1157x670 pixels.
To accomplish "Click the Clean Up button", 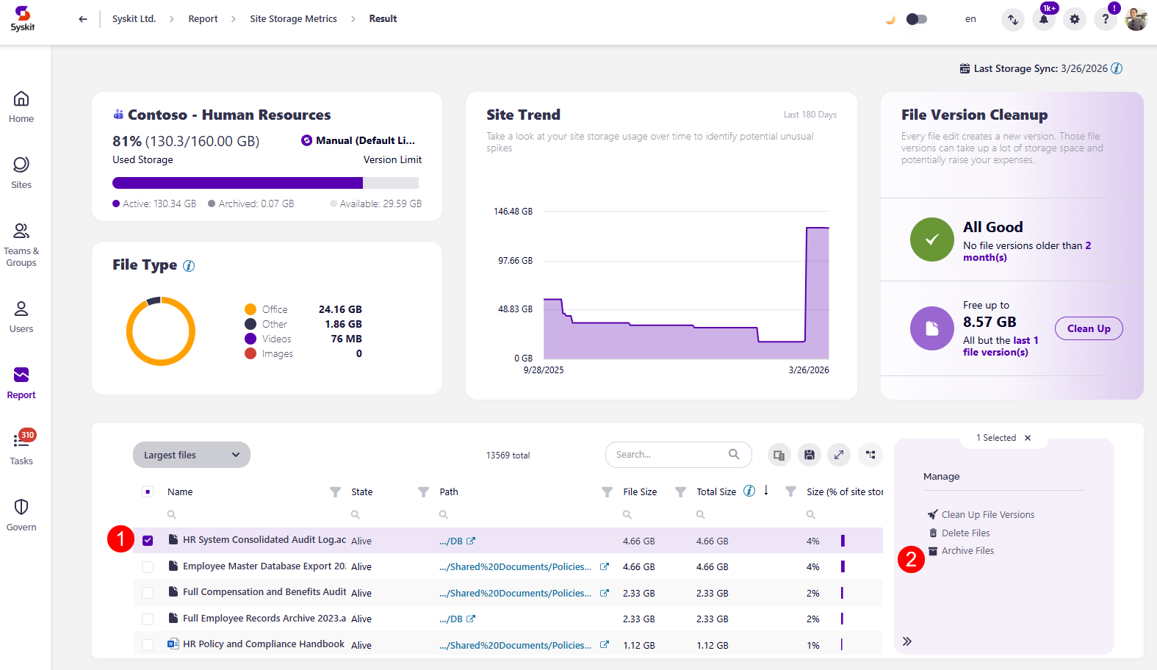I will click(1088, 328).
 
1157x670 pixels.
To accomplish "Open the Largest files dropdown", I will click(191, 455).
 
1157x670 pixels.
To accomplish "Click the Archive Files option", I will click(967, 551).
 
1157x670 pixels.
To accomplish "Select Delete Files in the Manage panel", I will click(965, 533).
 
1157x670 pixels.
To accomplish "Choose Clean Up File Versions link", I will click(987, 515).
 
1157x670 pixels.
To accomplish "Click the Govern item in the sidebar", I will click(21, 514).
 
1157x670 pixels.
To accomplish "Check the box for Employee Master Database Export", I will click(148, 567).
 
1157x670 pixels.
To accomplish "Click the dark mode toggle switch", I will click(916, 19).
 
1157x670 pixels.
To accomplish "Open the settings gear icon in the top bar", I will click(1074, 19).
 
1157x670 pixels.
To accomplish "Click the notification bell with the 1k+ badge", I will click(1043, 19).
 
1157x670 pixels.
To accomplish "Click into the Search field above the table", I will click(668, 455).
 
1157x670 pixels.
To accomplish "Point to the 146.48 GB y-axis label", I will click(513, 212).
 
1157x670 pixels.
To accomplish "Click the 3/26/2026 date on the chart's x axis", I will click(808, 370).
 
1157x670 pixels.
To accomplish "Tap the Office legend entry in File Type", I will click(274, 310).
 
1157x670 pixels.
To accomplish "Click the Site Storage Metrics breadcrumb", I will click(293, 19).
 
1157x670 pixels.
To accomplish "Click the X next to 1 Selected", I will click(1028, 438).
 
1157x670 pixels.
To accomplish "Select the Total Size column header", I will click(716, 492).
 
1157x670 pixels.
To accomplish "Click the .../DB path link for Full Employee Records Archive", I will click(451, 619).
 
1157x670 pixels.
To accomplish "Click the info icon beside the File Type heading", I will click(189, 266).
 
